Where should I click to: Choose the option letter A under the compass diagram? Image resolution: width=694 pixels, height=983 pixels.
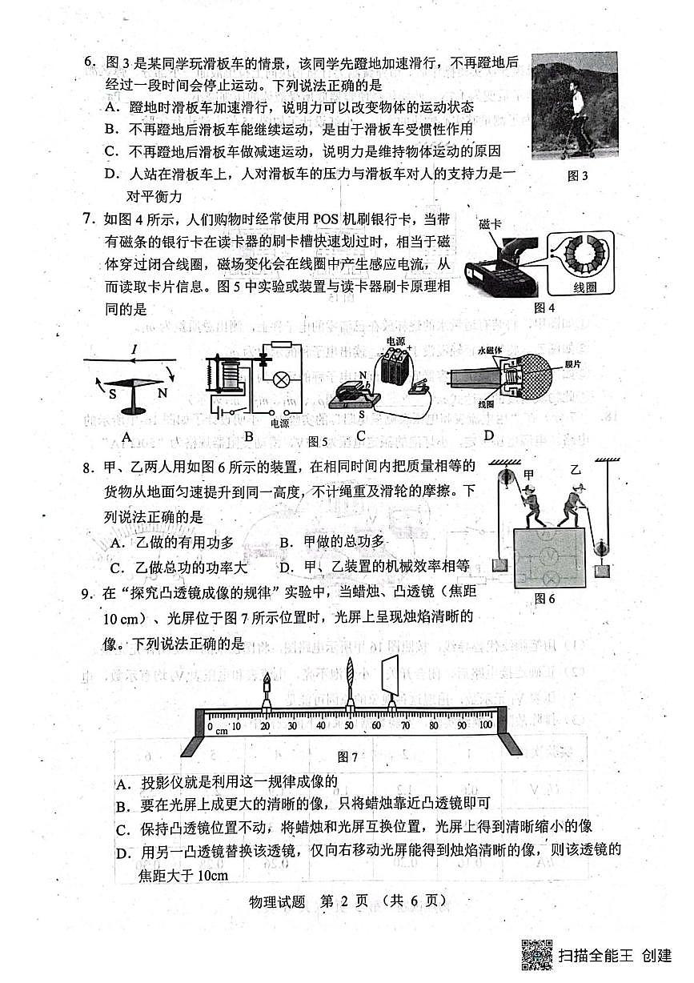point(125,436)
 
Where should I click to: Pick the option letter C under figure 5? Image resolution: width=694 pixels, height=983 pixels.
point(361,436)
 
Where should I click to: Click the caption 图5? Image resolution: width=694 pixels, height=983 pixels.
point(319,440)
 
